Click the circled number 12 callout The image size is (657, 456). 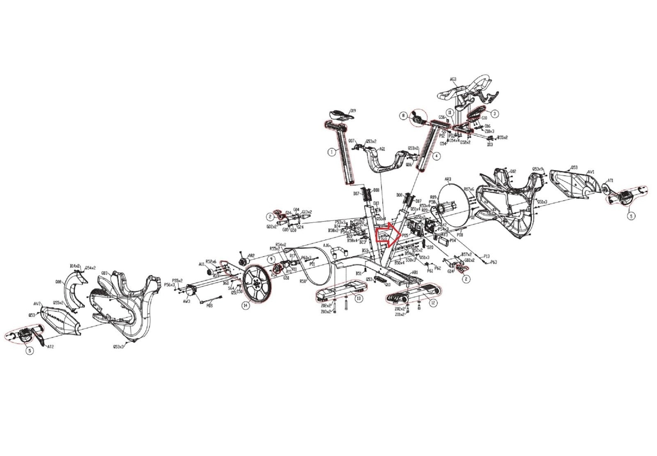(x=433, y=303)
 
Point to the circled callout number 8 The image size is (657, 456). (x=404, y=116)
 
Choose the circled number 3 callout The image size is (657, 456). (x=495, y=113)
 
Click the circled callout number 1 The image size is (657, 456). (x=331, y=152)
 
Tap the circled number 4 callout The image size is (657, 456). (x=436, y=156)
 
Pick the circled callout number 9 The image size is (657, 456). (x=271, y=259)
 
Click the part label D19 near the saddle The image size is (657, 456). (x=352, y=111)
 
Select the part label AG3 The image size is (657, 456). (x=453, y=79)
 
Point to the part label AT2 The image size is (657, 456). (x=51, y=347)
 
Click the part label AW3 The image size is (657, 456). (x=186, y=301)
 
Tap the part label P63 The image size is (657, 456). (x=494, y=262)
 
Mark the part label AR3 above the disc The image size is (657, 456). (x=448, y=180)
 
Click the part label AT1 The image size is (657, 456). (x=611, y=181)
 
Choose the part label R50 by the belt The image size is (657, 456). (x=303, y=282)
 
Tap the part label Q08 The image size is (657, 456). (x=58, y=282)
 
